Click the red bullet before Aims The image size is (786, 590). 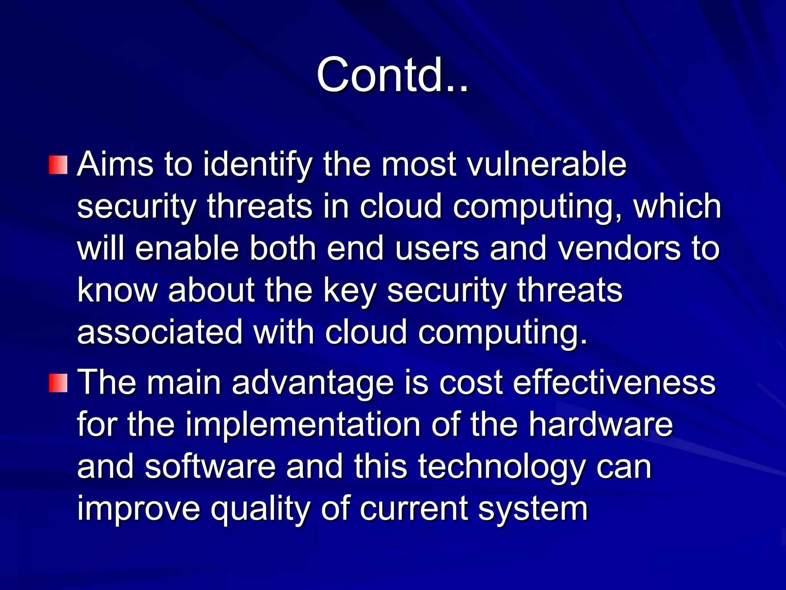pyautogui.click(x=58, y=165)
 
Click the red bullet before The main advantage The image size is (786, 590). pyautogui.click(x=58, y=383)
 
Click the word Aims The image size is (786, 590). pyautogui.click(x=115, y=164)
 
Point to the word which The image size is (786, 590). pyautogui.click(x=677, y=207)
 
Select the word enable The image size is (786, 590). pyautogui.click(x=187, y=249)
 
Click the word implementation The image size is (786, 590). pyautogui.click(x=303, y=425)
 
